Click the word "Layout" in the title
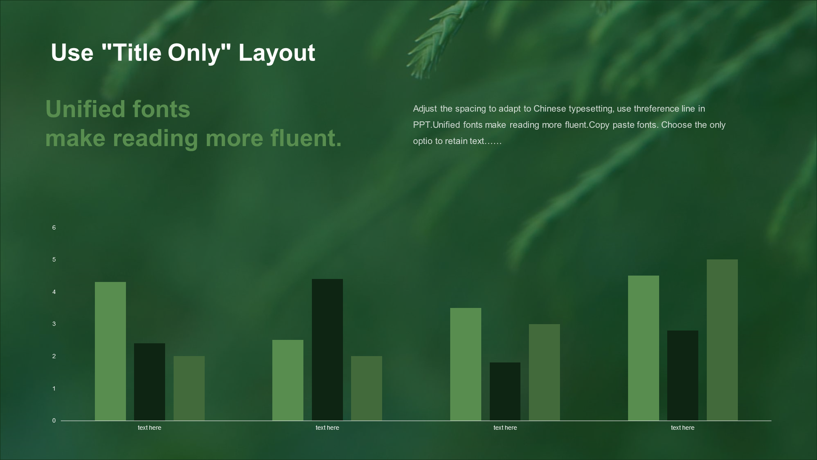277,53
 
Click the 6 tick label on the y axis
54,227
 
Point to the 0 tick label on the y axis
54,420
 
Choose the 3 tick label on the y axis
54,324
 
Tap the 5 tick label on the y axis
54,259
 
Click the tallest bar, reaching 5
722,340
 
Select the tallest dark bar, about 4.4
327,350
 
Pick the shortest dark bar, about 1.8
505,391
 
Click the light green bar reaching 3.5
466,364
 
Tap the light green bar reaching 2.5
288,380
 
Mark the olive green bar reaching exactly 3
544,372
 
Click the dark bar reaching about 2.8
683,375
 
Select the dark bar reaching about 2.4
149,382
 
